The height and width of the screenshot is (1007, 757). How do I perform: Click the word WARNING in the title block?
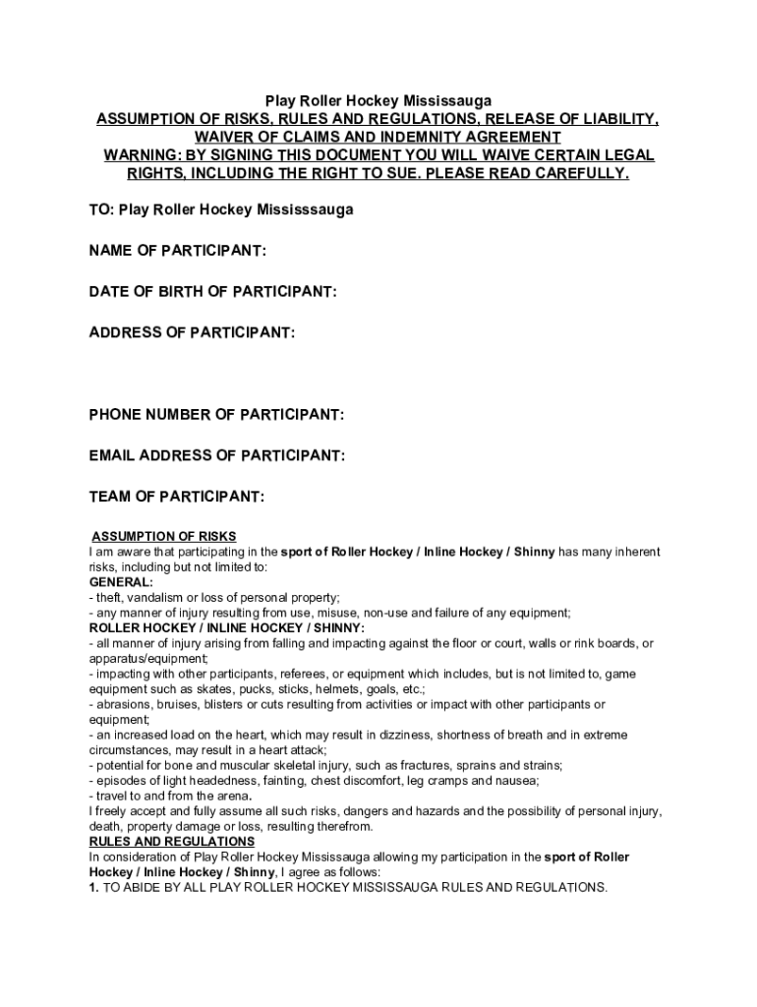click(140, 155)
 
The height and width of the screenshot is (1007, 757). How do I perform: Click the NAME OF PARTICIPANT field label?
click(177, 252)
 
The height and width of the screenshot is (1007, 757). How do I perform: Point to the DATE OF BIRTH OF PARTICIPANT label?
click(213, 292)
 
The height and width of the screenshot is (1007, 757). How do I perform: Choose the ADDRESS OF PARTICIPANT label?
click(192, 332)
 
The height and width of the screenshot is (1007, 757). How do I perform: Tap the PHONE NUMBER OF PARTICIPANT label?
click(216, 415)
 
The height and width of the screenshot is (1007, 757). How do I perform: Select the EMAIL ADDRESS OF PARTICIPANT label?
click(216, 455)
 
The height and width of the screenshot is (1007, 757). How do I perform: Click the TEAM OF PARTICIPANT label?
click(177, 497)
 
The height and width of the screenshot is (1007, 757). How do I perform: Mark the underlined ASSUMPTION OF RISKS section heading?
click(164, 536)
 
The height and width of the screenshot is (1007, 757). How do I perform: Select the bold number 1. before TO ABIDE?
click(94, 887)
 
